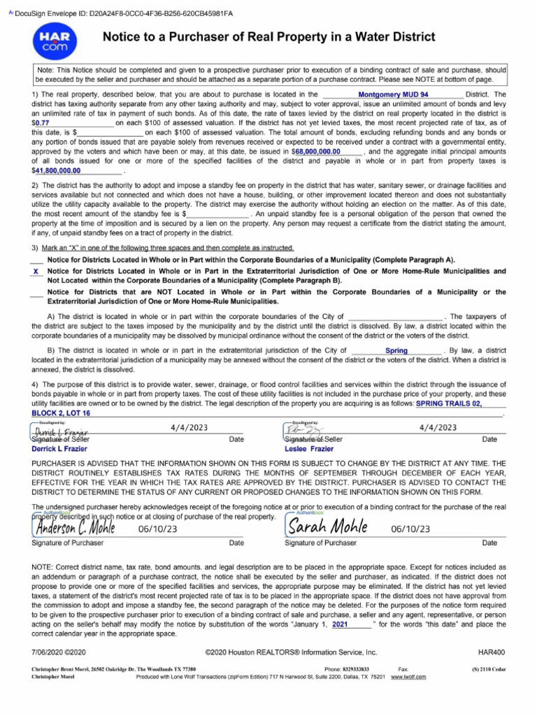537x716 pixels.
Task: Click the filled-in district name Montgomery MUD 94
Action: (393, 94)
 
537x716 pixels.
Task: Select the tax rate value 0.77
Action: (43, 122)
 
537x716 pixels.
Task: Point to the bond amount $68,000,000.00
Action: (316, 150)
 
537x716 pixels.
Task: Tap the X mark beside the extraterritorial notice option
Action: (36, 271)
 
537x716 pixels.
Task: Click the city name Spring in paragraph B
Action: (396, 350)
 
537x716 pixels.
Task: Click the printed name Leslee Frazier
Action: (309, 449)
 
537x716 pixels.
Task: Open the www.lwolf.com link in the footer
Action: (408, 678)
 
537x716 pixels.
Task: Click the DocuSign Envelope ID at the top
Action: (124, 13)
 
